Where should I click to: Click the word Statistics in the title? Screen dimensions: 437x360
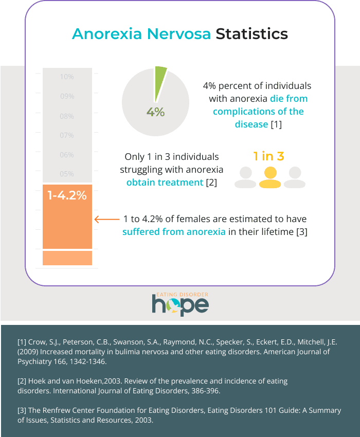[251, 34]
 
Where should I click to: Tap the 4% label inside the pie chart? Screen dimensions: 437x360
[155, 112]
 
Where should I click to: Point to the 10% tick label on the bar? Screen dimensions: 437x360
[67, 77]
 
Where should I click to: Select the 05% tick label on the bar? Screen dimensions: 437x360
[67, 174]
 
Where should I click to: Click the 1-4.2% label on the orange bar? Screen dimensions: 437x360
[67, 195]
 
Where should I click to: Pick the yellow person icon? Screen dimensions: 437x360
[269, 177]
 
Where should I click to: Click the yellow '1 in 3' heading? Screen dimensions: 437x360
[268, 156]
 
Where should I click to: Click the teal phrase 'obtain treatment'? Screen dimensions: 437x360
[165, 182]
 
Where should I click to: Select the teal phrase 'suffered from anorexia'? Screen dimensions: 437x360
[174, 232]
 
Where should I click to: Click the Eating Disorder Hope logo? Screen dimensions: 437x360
[180, 304]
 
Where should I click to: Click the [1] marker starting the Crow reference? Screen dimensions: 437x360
[22, 342]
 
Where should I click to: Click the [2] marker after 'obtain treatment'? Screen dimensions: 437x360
[211, 182]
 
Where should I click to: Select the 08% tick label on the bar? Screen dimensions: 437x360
[67, 116]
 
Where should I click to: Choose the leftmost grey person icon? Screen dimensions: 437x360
[245, 177]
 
